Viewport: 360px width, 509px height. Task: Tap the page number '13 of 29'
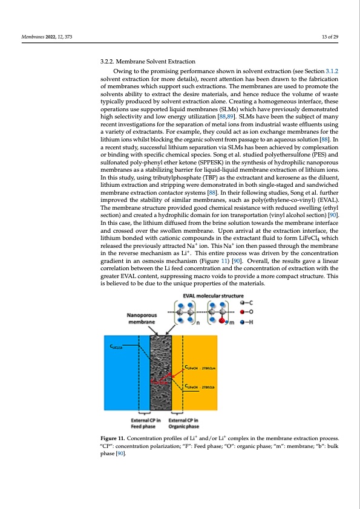[x=330, y=37]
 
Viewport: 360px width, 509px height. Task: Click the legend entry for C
[x=246, y=302]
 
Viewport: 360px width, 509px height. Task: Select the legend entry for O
[x=246, y=313]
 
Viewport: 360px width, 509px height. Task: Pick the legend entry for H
[x=246, y=323]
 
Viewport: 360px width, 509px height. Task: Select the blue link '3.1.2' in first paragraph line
[x=331, y=71]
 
